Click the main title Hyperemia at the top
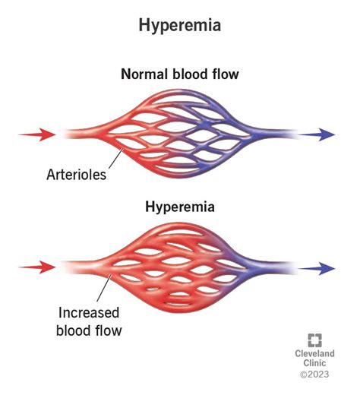coord(180,25)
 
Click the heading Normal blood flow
coord(180,75)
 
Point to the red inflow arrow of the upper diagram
coord(37,135)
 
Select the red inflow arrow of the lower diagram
coord(37,267)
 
